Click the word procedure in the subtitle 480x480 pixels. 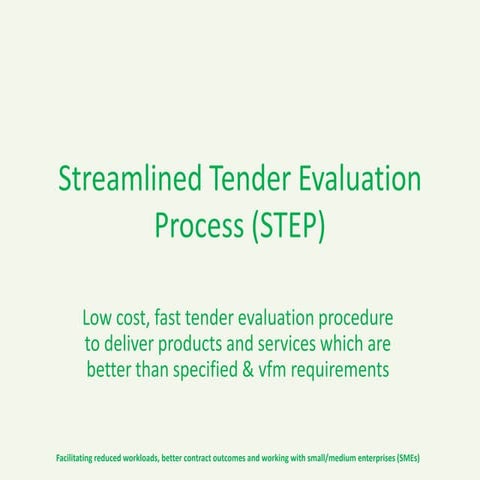point(355,320)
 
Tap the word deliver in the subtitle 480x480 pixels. point(133,345)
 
